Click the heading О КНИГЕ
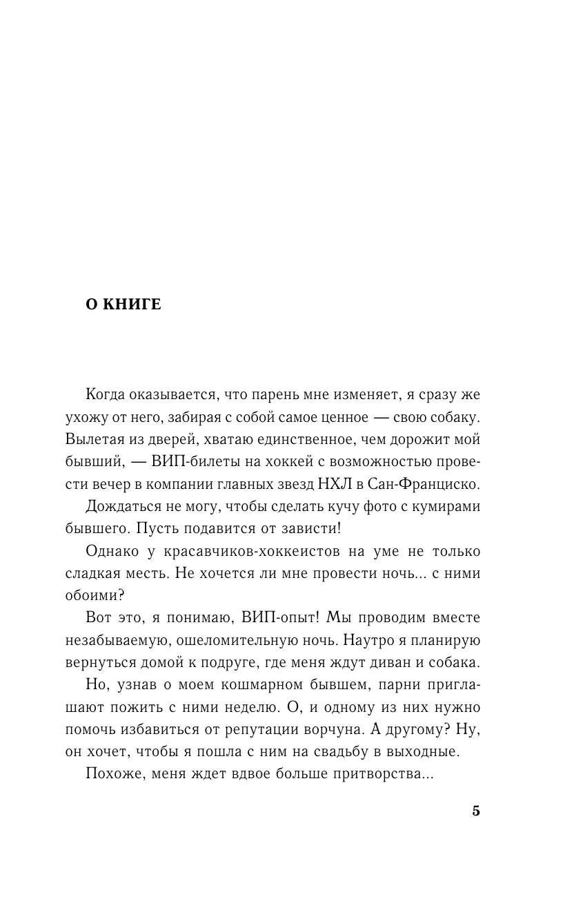(123, 305)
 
